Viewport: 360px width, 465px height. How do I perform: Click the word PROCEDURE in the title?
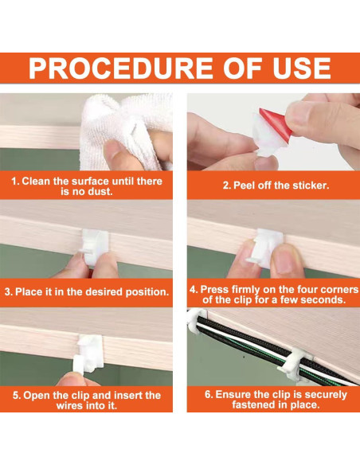point(121,68)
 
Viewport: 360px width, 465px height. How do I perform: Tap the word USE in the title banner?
point(302,68)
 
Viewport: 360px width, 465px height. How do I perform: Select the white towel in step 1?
point(127,131)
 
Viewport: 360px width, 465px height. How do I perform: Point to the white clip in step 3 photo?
point(95,247)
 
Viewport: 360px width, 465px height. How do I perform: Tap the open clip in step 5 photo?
point(88,354)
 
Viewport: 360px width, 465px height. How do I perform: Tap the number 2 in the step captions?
point(226,186)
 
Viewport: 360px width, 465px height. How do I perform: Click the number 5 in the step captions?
point(16,395)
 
